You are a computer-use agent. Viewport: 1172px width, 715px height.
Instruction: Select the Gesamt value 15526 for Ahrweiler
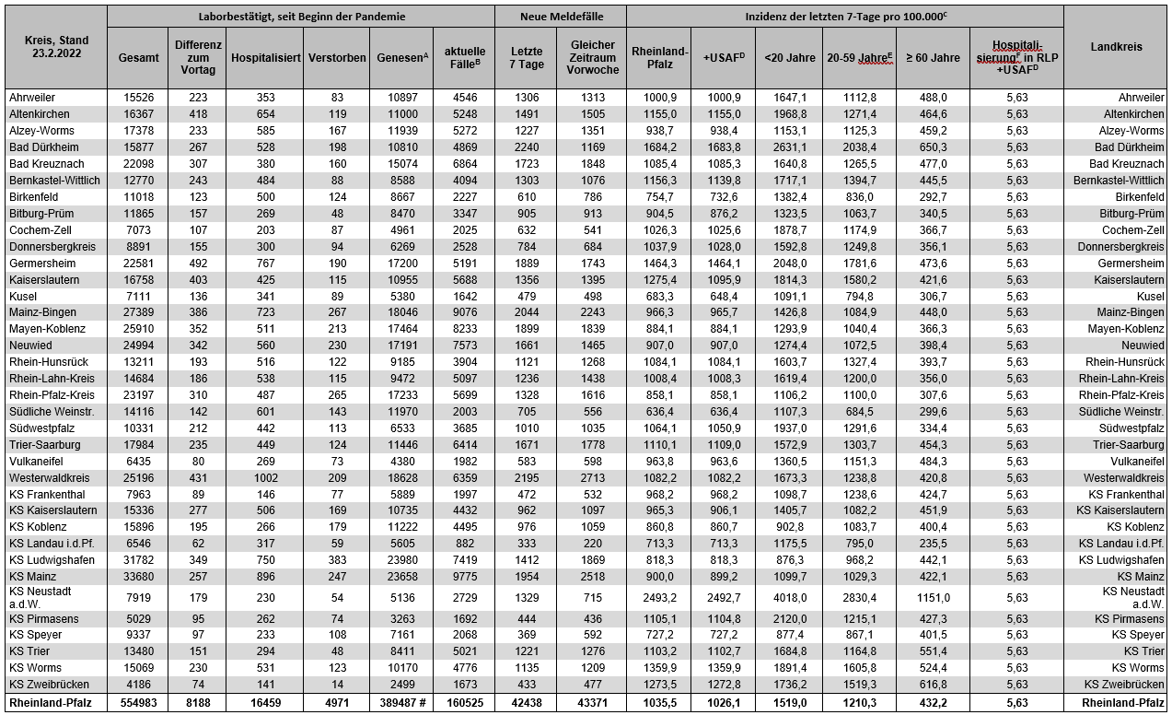(138, 97)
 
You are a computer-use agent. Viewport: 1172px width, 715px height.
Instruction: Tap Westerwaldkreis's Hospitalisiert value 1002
(265, 477)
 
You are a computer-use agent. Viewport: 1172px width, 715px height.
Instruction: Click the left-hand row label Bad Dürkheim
(44, 147)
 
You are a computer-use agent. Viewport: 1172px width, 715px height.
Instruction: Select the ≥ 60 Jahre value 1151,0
(933, 595)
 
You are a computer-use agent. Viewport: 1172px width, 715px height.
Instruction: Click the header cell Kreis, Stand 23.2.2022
(55, 48)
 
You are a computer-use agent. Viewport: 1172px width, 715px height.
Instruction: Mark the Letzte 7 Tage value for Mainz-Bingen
(527, 312)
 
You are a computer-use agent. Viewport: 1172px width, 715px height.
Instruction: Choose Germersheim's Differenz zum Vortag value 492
(198, 263)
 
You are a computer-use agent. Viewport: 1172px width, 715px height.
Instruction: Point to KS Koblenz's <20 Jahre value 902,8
(789, 527)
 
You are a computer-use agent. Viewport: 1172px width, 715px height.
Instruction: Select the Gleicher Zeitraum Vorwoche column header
(593, 57)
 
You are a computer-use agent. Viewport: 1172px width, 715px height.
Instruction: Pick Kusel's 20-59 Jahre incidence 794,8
(858, 296)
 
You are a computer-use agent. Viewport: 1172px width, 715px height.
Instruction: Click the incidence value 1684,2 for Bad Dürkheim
(660, 147)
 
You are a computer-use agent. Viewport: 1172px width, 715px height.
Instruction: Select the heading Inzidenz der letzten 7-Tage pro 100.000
(844, 17)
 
